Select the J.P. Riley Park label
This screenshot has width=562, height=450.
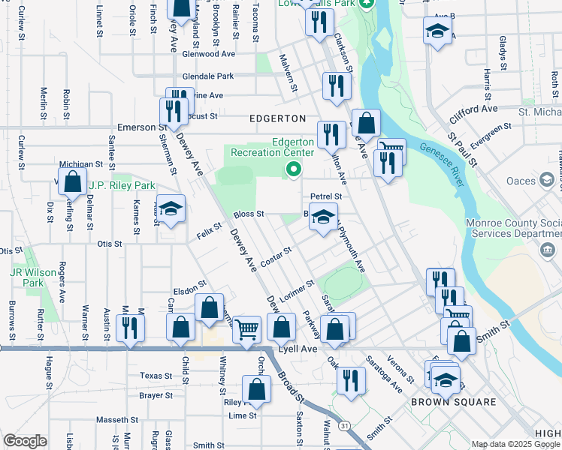point(122,185)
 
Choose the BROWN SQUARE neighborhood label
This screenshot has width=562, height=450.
point(453,402)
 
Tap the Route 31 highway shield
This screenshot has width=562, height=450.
point(345,425)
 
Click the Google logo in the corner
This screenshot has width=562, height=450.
point(25,441)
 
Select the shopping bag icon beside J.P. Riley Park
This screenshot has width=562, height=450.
point(72,181)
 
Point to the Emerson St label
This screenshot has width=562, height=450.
point(140,127)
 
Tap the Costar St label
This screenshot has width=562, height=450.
point(276,257)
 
